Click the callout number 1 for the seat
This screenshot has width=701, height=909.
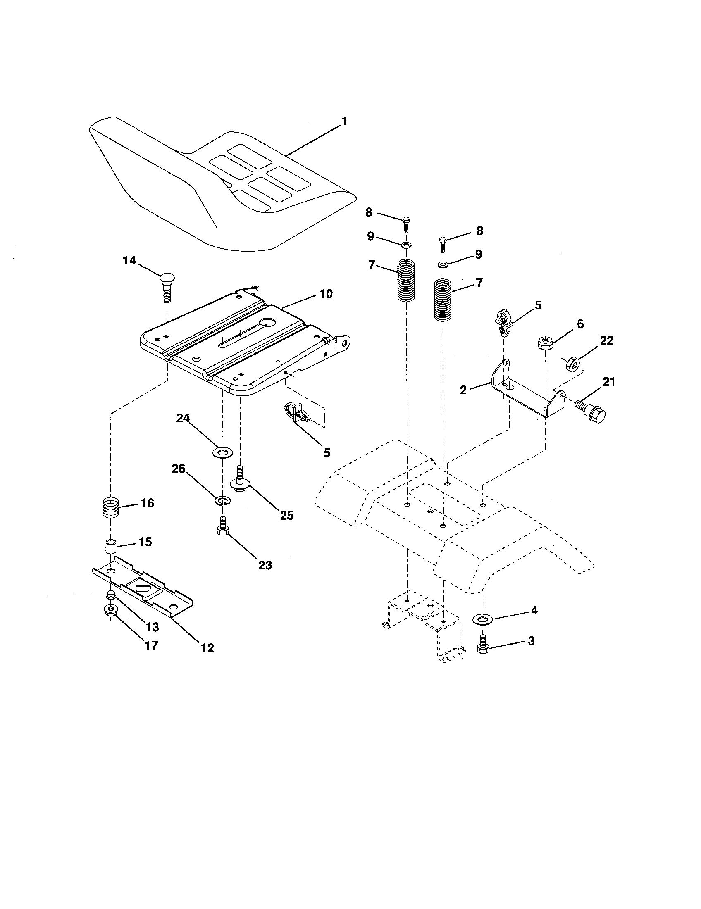pyautogui.click(x=344, y=121)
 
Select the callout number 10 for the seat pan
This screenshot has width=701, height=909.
pyautogui.click(x=326, y=294)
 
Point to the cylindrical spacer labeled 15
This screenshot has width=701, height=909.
pyautogui.click(x=110, y=546)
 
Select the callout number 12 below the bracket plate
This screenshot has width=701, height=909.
pyautogui.click(x=207, y=647)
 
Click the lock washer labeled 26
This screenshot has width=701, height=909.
pyautogui.click(x=222, y=500)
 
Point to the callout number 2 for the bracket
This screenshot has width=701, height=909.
pyautogui.click(x=463, y=390)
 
